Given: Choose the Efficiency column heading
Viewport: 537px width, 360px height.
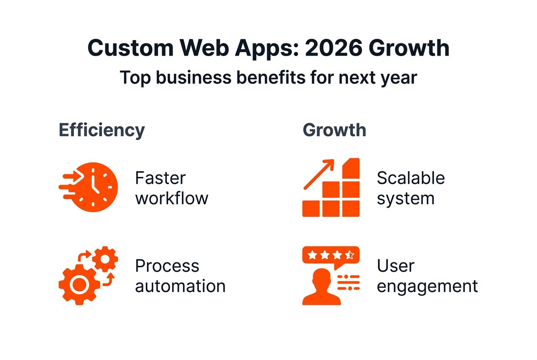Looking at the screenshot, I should tap(102, 130).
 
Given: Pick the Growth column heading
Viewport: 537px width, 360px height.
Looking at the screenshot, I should tap(334, 130).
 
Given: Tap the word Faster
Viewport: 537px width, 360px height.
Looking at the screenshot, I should tap(160, 178).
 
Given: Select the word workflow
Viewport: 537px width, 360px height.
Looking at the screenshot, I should tap(172, 198).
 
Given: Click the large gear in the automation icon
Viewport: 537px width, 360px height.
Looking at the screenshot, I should tap(79, 284).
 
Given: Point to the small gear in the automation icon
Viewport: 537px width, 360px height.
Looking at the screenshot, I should tap(105, 259).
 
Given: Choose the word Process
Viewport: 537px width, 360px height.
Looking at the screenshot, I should tap(167, 266).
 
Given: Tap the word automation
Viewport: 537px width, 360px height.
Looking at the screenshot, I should tap(180, 286).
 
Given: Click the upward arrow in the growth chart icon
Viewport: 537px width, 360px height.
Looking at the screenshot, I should tap(319, 174).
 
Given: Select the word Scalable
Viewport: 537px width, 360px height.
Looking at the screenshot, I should tap(410, 178).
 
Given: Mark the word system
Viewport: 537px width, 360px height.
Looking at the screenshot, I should tap(405, 198).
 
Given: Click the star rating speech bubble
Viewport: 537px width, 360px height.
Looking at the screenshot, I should tap(331, 256).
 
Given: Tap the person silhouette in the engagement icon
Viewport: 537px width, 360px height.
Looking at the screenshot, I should tap(321, 289).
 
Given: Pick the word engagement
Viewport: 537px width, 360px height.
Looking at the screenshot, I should tap(427, 286).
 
